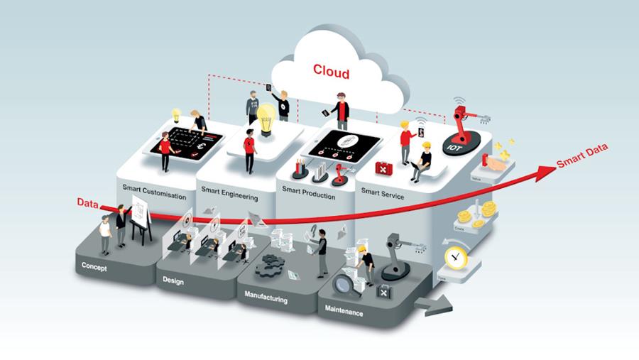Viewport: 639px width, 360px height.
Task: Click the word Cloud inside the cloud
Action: (331, 72)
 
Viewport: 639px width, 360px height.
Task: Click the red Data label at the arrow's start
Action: (87, 202)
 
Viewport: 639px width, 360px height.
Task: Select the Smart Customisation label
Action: (154, 194)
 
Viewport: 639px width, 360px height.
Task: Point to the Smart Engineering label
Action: (230, 191)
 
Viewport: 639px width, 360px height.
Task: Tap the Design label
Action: (173, 281)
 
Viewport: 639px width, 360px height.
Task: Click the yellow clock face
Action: (453, 256)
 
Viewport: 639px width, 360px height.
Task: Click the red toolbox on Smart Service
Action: (384, 168)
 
